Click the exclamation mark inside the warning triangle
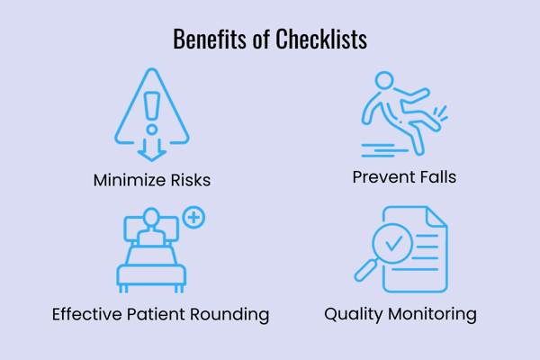tap(151, 107)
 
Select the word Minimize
tap(129, 180)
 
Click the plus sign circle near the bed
tap(193, 217)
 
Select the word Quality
tap(355, 314)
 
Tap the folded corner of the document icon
tap(438, 216)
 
